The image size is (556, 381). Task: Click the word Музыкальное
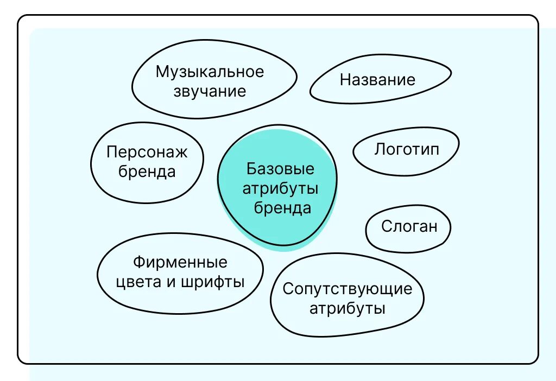click(x=210, y=72)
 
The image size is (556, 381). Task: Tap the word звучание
click(x=210, y=91)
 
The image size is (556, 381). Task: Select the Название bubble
click(x=378, y=81)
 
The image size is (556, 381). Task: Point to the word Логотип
click(x=406, y=149)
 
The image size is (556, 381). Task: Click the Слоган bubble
click(x=409, y=226)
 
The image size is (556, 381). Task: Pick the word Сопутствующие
click(x=347, y=289)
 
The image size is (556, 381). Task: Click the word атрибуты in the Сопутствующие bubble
click(x=347, y=309)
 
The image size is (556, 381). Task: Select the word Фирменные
click(x=180, y=263)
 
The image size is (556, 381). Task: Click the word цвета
click(x=138, y=282)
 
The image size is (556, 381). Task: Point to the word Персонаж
click(x=147, y=152)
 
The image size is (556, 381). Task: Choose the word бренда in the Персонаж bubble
click(x=147, y=172)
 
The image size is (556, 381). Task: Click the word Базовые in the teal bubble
click(x=280, y=169)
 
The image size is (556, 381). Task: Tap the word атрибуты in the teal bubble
click(x=280, y=189)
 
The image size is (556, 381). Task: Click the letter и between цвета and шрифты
click(x=170, y=283)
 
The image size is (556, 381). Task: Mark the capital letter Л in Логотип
click(x=379, y=149)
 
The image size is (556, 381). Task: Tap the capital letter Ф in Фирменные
click(x=138, y=263)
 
